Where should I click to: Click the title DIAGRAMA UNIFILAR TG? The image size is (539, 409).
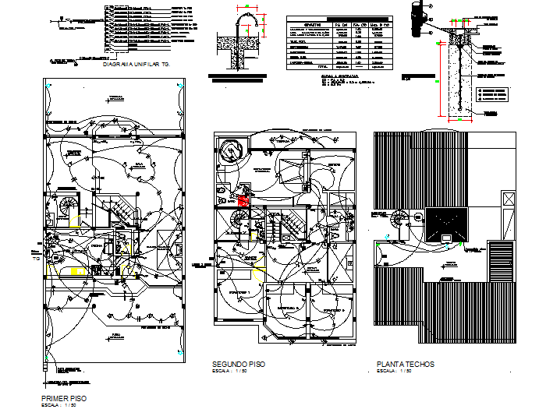pyautogui.click(x=136, y=65)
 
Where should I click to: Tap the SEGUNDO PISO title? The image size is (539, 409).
pyautogui.click(x=238, y=365)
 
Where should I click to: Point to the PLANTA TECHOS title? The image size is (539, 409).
pyautogui.click(x=405, y=365)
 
